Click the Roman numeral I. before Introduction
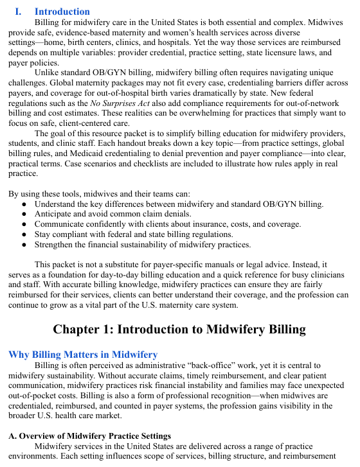(x=19, y=12)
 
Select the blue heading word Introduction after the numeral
(x=62, y=12)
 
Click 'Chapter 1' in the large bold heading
(x=85, y=330)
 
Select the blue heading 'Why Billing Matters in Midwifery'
(x=82, y=354)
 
